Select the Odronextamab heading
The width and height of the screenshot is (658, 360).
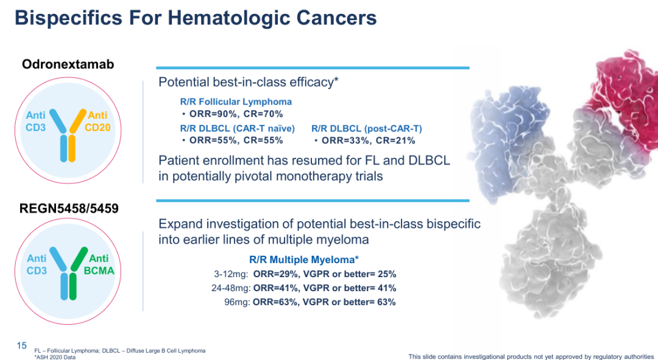tap(68, 64)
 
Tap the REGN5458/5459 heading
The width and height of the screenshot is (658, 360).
tap(69, 208)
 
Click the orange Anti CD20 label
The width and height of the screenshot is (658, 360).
tap(97, 121)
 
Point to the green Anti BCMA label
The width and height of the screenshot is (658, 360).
tap(99, 265)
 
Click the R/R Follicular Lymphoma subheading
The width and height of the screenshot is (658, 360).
tap(236, 102)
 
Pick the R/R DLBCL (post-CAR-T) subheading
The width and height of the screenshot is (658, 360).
tap(366, 129)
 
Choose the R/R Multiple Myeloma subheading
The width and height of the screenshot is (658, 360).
tap(304, 259)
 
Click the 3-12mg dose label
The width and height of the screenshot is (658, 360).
tap(231, 274)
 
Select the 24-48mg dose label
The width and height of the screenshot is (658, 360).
tap(231, 288)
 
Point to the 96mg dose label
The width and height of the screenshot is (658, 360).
tap(237, 302)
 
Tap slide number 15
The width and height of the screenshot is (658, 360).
tap(22, 346)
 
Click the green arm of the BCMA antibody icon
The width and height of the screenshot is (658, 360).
tap(79, 259)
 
